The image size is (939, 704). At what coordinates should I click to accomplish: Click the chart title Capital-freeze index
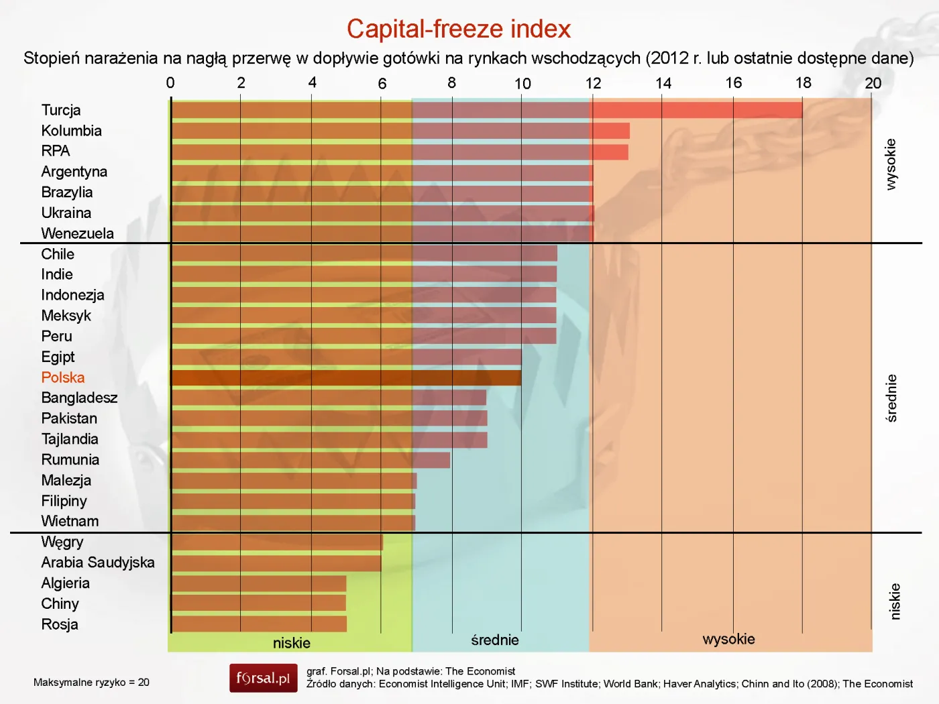[458, 29]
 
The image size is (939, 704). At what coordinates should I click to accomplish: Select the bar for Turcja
[486, 110]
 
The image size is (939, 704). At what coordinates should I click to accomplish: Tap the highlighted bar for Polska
[346, 378]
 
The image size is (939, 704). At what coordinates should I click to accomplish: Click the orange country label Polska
[63, 377]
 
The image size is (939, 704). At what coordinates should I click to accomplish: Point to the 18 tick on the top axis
[803, 83]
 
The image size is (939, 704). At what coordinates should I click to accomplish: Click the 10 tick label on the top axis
[522, 84]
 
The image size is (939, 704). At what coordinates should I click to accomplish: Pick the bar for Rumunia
[311, 460]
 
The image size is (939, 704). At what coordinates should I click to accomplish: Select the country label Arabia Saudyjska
[98, 563]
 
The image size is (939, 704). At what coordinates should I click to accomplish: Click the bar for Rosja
[259, 624]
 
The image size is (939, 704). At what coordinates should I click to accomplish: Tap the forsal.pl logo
[263, 678]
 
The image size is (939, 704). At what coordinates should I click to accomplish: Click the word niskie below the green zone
[292, 643]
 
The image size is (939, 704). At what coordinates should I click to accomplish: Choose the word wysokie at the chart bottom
[728, 639]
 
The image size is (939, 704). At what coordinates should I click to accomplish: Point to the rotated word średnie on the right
[891, 398]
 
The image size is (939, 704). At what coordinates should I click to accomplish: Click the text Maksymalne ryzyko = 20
[91, 683]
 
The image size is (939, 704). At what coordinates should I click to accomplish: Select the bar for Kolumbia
[400, 131]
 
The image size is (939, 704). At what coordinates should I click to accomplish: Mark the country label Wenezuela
[77, 233]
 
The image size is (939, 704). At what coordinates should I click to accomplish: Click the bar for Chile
[364, 253]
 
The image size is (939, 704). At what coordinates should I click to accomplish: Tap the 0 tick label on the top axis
[170, 83]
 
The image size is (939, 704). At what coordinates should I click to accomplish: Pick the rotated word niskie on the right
[895, 601]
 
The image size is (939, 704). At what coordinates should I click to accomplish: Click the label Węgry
[62, 542]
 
